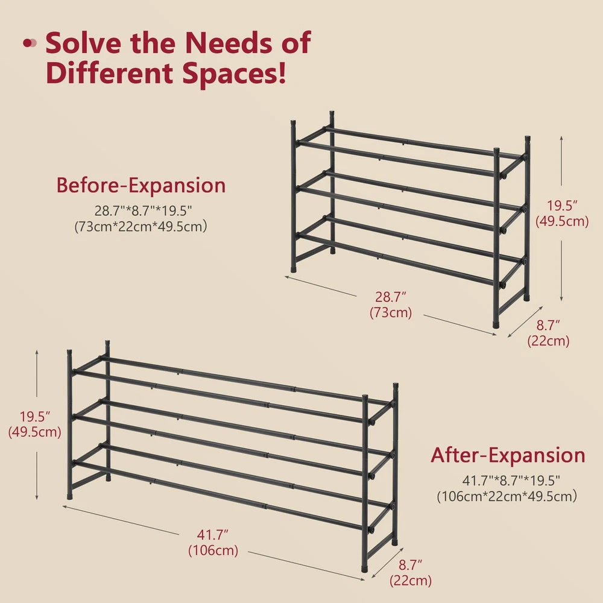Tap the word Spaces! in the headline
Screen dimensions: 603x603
pyautogui.click(x=234, y=74)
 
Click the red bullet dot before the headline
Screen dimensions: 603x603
pyautogui.click(x=28, y=43)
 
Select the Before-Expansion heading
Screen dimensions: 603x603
pyautogui.click(x=140, y=185)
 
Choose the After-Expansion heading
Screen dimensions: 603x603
pyautogui.click(x=508, y=455)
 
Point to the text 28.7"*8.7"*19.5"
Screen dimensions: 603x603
pyautogui.click(x=143, y=210)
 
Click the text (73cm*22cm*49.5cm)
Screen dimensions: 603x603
pyautogui.click(x=140, y=226)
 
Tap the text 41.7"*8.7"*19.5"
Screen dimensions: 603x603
pyautogui.click(x=511, y=481)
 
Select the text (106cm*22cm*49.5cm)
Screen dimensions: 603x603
pyautogui.click(x=507, y=496)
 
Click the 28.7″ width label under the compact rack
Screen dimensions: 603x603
pyautogui.click(x=391, y=297)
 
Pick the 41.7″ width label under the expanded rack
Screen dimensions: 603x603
pyautogui.click(x=213, y=534)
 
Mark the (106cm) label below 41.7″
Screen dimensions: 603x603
pyautogui.click(x=213, y=551)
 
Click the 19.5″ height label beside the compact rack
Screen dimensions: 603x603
pyautogui.click(x=562, y=206)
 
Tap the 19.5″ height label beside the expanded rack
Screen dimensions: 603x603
pyautogui.click(x=35, y=417)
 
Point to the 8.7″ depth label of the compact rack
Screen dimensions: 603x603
pyautogui.click(x=548, y=326)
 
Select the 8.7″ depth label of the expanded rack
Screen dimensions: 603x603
pyautogui.click(x=410, y=565)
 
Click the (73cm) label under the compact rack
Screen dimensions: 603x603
pyautogui.click(x=391, y=312)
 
